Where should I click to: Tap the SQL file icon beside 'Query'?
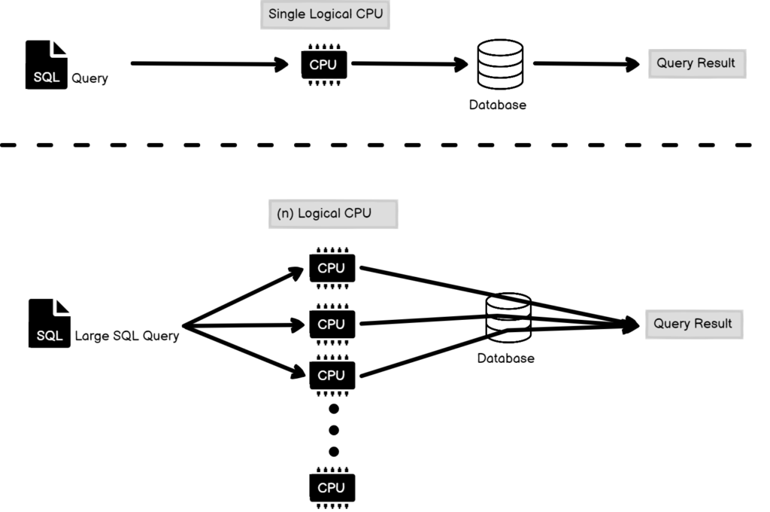click(47, 65)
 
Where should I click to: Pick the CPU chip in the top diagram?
click(324, 66)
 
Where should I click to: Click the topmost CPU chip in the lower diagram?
click(332, 268)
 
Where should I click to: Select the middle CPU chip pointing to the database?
click(332, 325)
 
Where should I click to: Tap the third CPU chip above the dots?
click(332, 374)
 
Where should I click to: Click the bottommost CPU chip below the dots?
click(332, 488)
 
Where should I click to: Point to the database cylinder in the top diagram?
click(499, 65)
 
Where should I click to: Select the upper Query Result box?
click(696, 64)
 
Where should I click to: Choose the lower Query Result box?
click(693, 325)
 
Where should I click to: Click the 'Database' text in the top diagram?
click(497, 105)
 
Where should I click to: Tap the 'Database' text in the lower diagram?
click(505, 358)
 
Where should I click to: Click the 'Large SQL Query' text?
click(127, 336)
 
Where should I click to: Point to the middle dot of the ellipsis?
click(335, 430)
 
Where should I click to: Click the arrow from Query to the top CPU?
click(209, 64)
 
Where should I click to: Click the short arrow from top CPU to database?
click(407, 64)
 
